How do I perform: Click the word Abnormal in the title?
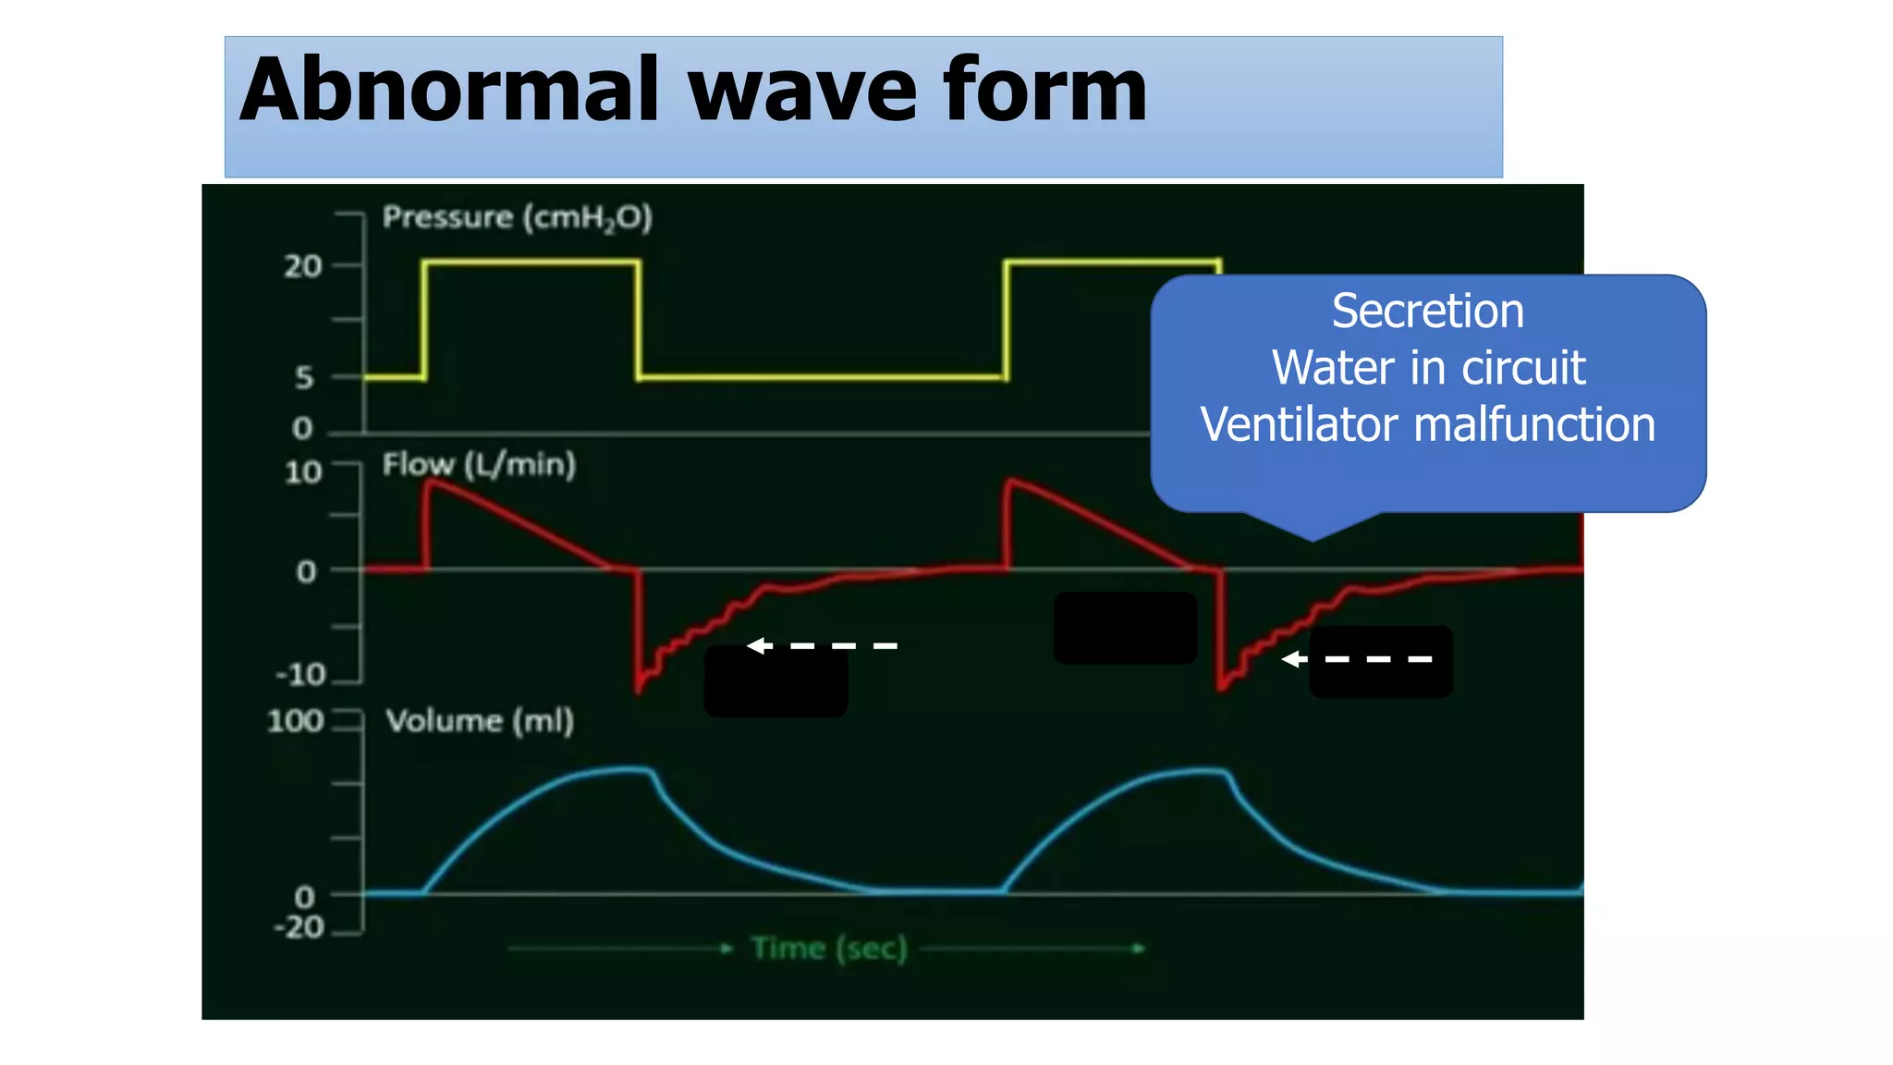point(449,91)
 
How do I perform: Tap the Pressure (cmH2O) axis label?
point(518,218)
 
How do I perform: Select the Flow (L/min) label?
point(479,464)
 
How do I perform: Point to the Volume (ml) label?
point(480,721)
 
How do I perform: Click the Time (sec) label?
point(829,949)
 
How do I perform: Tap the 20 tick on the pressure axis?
point(302,266)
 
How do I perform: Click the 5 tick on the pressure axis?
point(304,377)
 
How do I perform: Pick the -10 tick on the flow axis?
point(301,674)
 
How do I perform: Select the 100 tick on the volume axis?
point(295,721)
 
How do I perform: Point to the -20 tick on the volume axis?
point(299,927)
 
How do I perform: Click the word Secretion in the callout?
point(1427,312)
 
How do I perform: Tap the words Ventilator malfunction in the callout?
point(1427,425)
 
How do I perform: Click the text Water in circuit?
point(1427,368)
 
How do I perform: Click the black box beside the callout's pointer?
point(1125,628)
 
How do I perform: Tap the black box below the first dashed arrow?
point(776,681)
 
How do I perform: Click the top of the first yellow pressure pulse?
point(531,262)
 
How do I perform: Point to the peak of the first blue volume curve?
point(629,767)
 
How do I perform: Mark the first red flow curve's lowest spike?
point(639,689)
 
